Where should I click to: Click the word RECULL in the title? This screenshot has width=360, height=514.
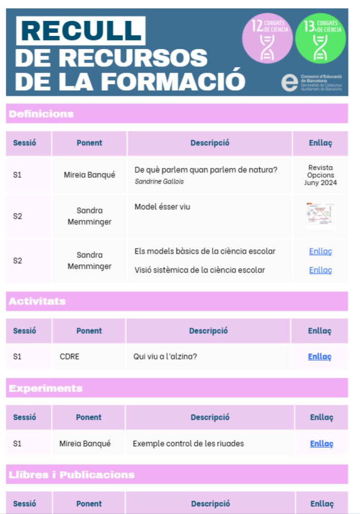tap(81, 31)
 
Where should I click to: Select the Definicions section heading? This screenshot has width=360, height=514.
tap(41, 114)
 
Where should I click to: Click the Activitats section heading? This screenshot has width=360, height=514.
tap(37, 301)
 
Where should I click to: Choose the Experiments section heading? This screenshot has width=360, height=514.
tap(46, 388)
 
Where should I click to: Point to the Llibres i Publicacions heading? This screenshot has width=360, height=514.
tap(72, 475)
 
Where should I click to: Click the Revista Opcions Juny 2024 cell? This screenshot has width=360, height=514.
tap(321, 175)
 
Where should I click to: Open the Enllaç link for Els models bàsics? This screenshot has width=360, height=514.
tap(321, 251)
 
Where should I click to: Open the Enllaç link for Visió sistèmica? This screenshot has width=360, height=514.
tap(321, 270)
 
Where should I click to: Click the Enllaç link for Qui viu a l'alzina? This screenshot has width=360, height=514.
tap(320, 356)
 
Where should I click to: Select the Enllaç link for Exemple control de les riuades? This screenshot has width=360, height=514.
tap(321, 444)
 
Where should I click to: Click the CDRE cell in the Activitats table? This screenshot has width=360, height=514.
tap(69, 356)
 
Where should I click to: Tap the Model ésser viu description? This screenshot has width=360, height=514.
tap(162, 207)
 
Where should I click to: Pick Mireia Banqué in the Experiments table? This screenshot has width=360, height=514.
tap(85, 444)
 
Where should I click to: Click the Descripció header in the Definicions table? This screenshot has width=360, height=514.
tap(210, 143)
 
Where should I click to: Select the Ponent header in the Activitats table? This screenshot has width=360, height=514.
tap(89, 331)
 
